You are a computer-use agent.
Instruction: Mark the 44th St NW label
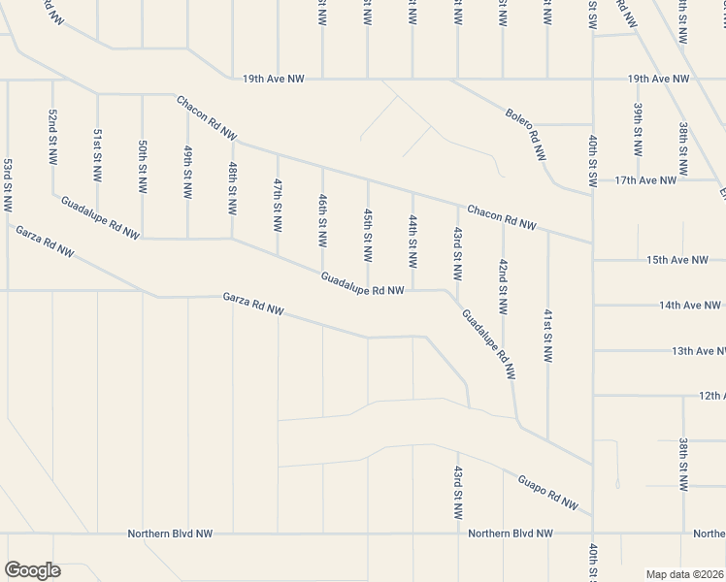tap(412, 242)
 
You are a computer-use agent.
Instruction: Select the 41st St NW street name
tap(547, 336)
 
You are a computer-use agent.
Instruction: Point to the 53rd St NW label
tap(8, 184)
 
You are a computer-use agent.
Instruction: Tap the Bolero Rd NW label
tap(526, 133)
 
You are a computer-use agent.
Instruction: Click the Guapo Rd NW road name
tap(547, 492)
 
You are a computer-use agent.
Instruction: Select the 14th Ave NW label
tap(685, 305)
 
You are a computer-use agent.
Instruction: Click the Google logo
tap(33, 570)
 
